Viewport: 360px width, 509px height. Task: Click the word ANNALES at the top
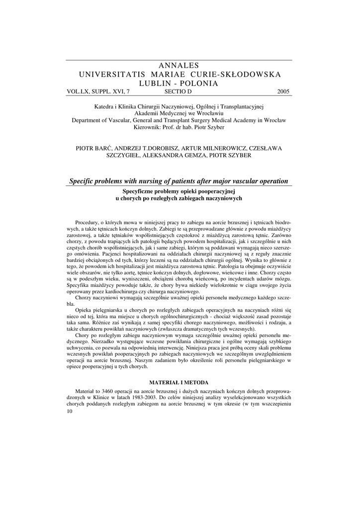(x=180, y=66)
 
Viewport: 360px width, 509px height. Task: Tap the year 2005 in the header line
(x=283, y=92)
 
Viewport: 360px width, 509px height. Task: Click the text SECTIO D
(x=178, y=92)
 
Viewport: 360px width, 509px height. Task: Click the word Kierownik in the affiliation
(x=150, y=127)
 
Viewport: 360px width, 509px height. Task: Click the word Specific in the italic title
(x=82, y=181)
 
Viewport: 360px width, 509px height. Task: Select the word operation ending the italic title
(x=273, y=181)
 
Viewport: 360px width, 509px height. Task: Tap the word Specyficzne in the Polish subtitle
(x=140, y=191)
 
